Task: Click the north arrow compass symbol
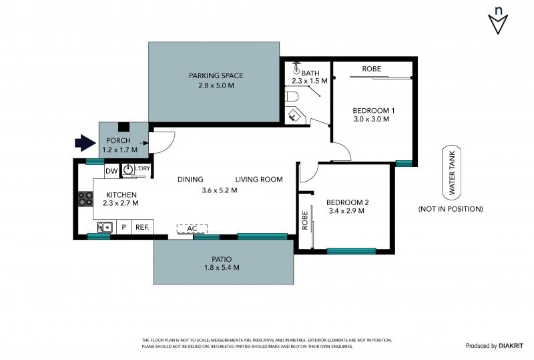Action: pyautogui.click(x=498, y=21)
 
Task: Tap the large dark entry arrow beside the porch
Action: pyautogui.click(x=85, y=142)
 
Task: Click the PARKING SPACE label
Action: pyautogui.click(x=216, y=75)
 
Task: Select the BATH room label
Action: pyautogui.click(x=310, y=73)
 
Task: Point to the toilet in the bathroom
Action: pyautogui.click(x=292, y=96)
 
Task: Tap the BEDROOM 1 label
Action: pyautogui.click(x=374, y=110)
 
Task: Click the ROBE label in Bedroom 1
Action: pyautogui.click(x=372, y=69)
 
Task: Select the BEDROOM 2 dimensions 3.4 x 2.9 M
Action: pyautogui.click(x=346, y=211)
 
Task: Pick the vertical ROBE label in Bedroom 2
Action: pyautogui.click(x=305, y=220)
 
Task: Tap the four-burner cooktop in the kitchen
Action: pyautogui.click(x=85, y=199)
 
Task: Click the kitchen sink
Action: pyautogui.click(x=105, y=227)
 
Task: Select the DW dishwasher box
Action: pyautogui.click(x=111, y=171)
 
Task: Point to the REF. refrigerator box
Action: pyautogui.click(x=142, y=227)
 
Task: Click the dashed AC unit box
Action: pyautogui.click(x=192, y=228)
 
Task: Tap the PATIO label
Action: pyautogui.click(x=222, y=259)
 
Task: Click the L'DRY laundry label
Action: pyautogui.click(x=142, y=168)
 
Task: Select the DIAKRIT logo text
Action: pyautogui.click(x=511, y=346)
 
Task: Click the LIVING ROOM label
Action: pyautogui.click(x=259, y=179)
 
